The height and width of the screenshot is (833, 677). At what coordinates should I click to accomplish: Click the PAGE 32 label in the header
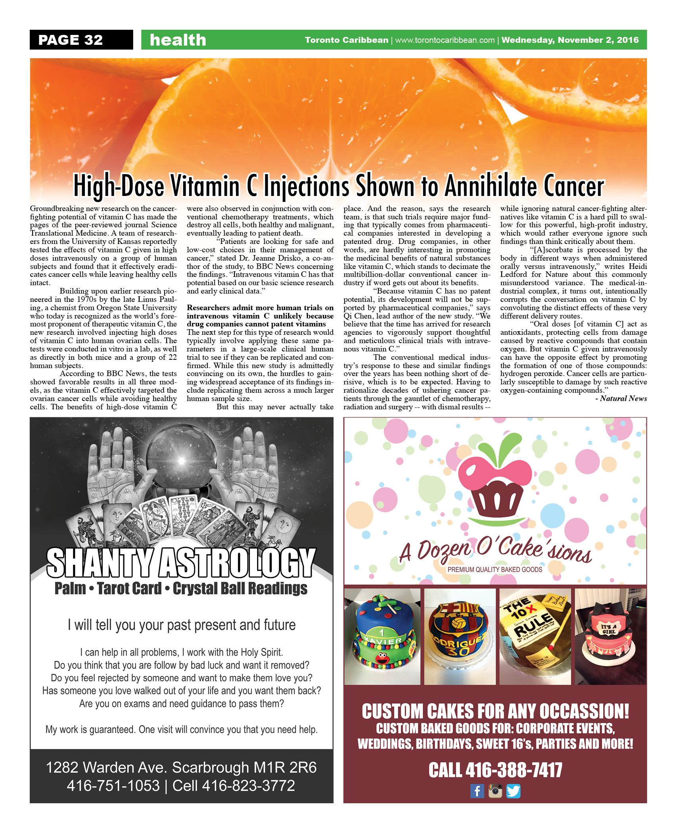71,40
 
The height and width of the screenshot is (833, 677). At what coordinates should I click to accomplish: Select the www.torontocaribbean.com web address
445,40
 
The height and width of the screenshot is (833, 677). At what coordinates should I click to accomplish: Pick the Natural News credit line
623,399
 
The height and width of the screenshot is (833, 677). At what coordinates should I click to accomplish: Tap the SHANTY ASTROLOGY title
181,564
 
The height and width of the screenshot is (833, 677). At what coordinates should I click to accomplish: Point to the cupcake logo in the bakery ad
495,491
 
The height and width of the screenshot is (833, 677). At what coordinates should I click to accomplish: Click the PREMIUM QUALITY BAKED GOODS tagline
495,570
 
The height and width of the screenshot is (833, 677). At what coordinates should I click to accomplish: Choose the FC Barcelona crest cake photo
460,636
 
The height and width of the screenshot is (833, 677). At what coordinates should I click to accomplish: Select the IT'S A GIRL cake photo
610,636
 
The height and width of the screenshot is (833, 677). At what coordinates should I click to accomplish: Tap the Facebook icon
477,791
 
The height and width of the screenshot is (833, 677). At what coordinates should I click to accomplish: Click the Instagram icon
495,791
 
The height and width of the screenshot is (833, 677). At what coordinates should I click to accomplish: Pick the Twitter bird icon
513,791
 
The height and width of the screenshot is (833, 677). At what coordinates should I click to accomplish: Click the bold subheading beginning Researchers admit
260,316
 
